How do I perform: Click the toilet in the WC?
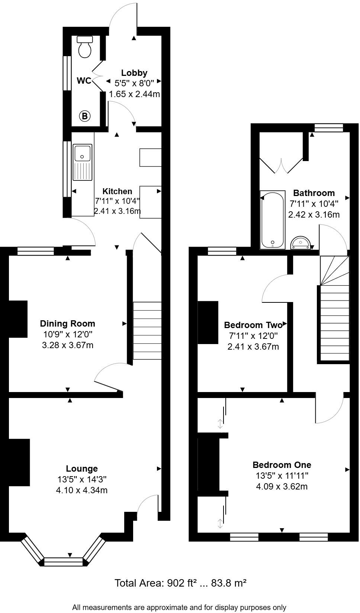pos(85,47)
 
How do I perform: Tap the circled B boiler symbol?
pos(85,116)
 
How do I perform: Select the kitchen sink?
pos(83,162)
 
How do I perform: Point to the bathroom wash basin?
pos(300,243)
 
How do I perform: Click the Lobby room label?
pos(134,73)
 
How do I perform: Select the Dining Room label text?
pos(68,324)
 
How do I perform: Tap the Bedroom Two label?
pos(253,325)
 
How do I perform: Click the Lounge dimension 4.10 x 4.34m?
pos(82,490)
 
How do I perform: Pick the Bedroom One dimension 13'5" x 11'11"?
pos(282,475)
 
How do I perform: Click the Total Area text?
pos(180,583)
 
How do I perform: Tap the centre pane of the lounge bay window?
pos(63,561)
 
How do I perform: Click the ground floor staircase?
pos(147,331)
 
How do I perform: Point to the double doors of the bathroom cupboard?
pos(282,166)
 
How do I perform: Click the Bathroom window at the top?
pos(328,128)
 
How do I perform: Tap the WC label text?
pos(84,81)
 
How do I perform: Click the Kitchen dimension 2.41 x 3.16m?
pos(117,212)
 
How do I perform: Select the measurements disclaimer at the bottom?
pos(179,607)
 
